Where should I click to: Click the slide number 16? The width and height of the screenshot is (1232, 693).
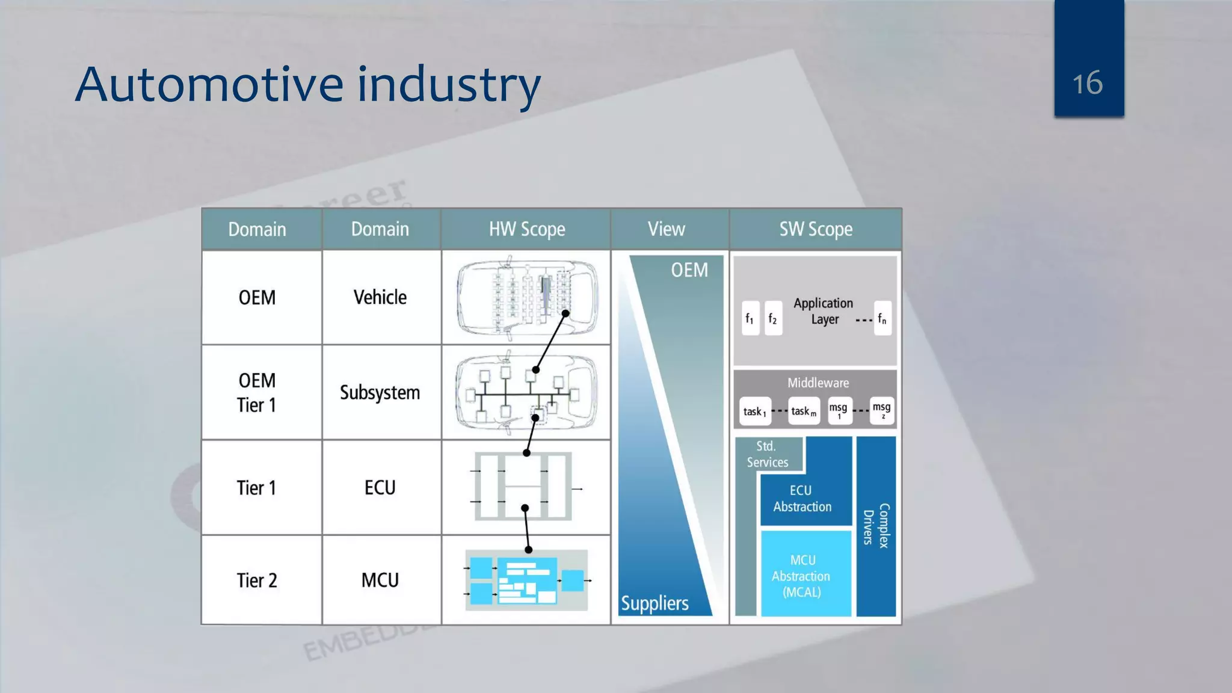[x=1088, y=83]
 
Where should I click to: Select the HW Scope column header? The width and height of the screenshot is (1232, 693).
[x=526, y=229]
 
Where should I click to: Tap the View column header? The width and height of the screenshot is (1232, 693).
[x=667, y=229]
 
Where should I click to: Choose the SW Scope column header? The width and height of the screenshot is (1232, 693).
[x=816, y=229]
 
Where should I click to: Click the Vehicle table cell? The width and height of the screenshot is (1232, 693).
[x=380, y=297]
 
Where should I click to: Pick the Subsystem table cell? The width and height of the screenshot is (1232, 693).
[x=380, y=392]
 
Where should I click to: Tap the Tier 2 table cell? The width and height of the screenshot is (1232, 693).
[x=257, y=581]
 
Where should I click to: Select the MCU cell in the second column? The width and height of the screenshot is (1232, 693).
[x=380, y=581]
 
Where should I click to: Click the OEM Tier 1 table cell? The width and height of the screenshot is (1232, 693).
[x=257, y=392]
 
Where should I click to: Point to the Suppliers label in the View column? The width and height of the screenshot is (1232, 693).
[x=654, y=603]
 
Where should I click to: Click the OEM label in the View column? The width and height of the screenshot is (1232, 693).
[x=689, y=270]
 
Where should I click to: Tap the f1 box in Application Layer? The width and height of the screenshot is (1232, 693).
[x=750, y=318]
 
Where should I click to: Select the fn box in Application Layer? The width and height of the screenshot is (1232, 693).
[x=882, y=318]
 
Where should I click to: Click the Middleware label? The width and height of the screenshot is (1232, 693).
[x=818, y=383]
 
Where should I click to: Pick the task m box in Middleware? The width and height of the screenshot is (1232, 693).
[x=804, y=411]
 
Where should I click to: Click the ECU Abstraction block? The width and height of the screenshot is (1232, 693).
[x=802, y=499]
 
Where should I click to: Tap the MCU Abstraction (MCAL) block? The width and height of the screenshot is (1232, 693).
[x=802, y=576]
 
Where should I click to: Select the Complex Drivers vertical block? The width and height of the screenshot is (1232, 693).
[x=876, y=526]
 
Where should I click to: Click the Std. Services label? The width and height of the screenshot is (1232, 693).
[x=767, y=454]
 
